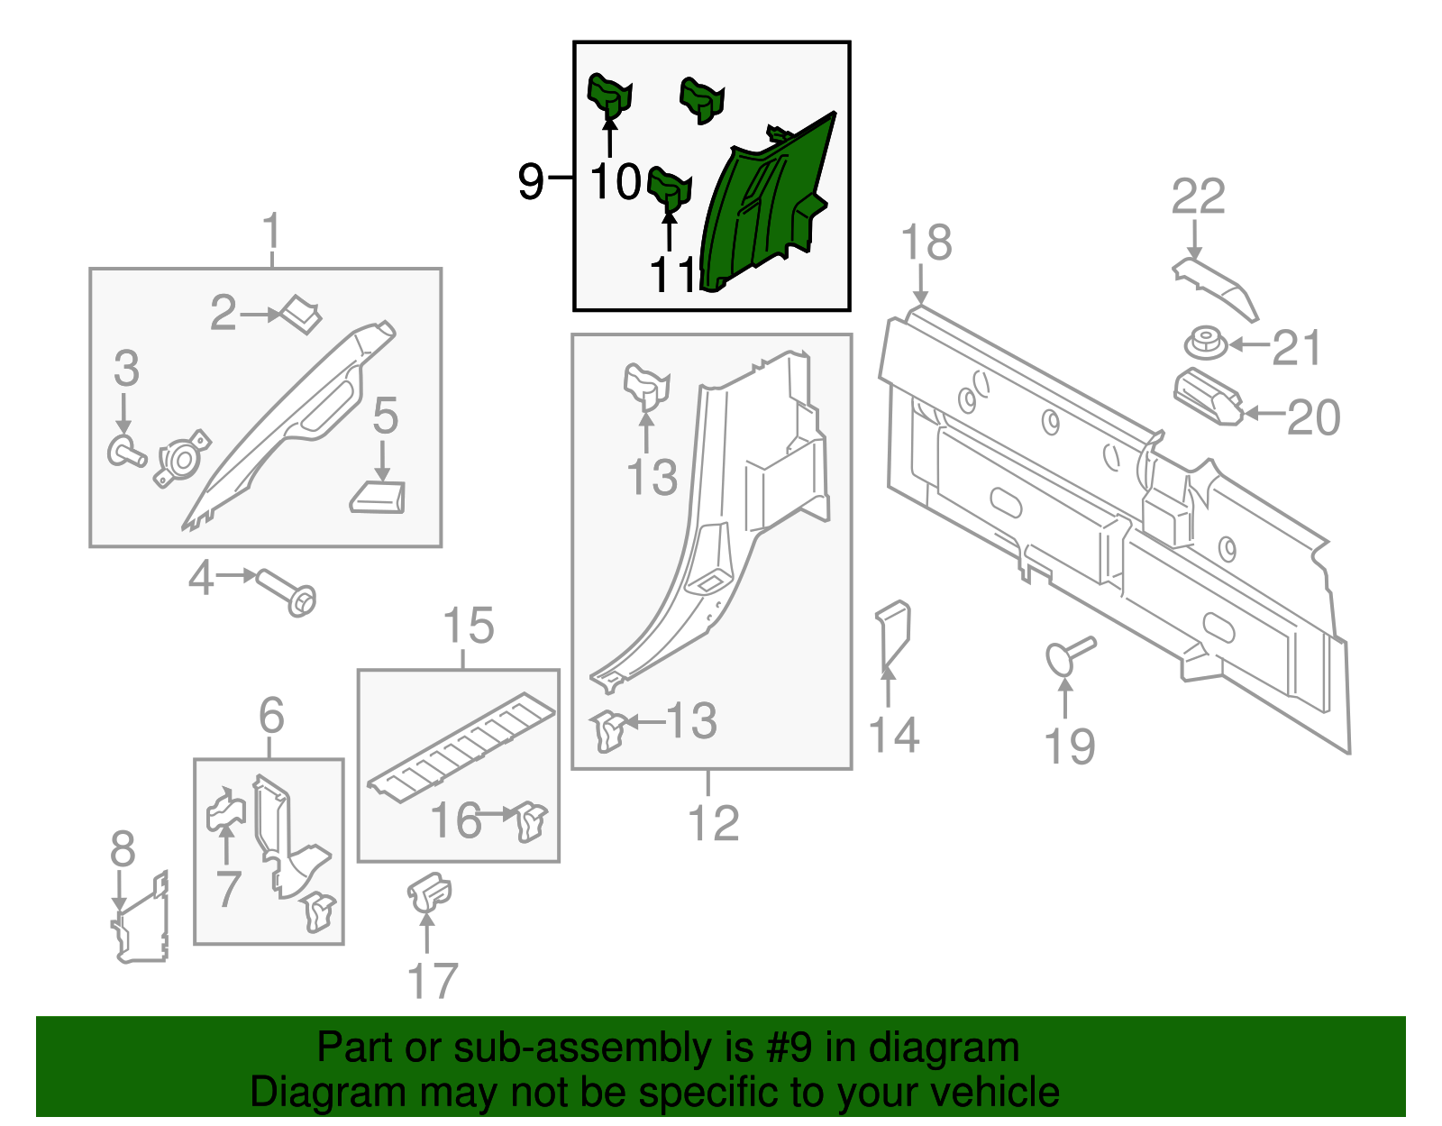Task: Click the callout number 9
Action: coord(531,180)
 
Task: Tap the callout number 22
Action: coord(1198,197)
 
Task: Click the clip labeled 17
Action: coord(429,893)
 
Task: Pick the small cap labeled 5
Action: coord(379,497)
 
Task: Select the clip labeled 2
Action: coord(301,313)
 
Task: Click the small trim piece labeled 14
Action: coord(892,636)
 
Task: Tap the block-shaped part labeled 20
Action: coord(1207,396)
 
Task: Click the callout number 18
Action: coord(926,243)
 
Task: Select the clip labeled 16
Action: coord(532,821)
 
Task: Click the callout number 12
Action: coord(713,823)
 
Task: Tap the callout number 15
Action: coord(469,626)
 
